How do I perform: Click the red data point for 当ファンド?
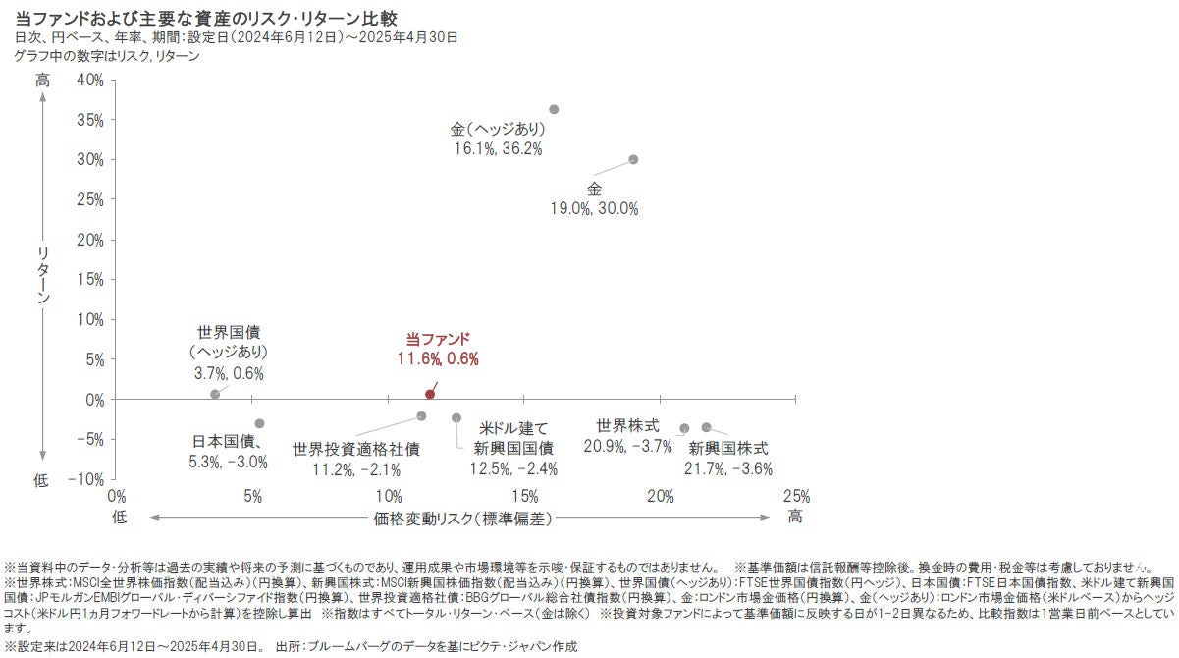430,394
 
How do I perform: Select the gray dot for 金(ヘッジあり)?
554,109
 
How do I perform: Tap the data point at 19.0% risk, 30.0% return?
633,159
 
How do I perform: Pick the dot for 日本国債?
259,423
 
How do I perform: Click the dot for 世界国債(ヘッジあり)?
215,394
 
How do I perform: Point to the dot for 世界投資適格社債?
421,416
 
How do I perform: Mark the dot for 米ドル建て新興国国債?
456,417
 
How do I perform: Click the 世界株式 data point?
684,428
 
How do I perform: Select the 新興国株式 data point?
706,427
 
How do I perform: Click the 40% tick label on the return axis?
89,80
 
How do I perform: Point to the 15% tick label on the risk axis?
524,495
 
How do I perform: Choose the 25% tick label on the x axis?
796,495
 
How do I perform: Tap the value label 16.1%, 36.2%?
498,148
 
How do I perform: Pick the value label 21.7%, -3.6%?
728,468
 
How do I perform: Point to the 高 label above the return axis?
42,81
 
